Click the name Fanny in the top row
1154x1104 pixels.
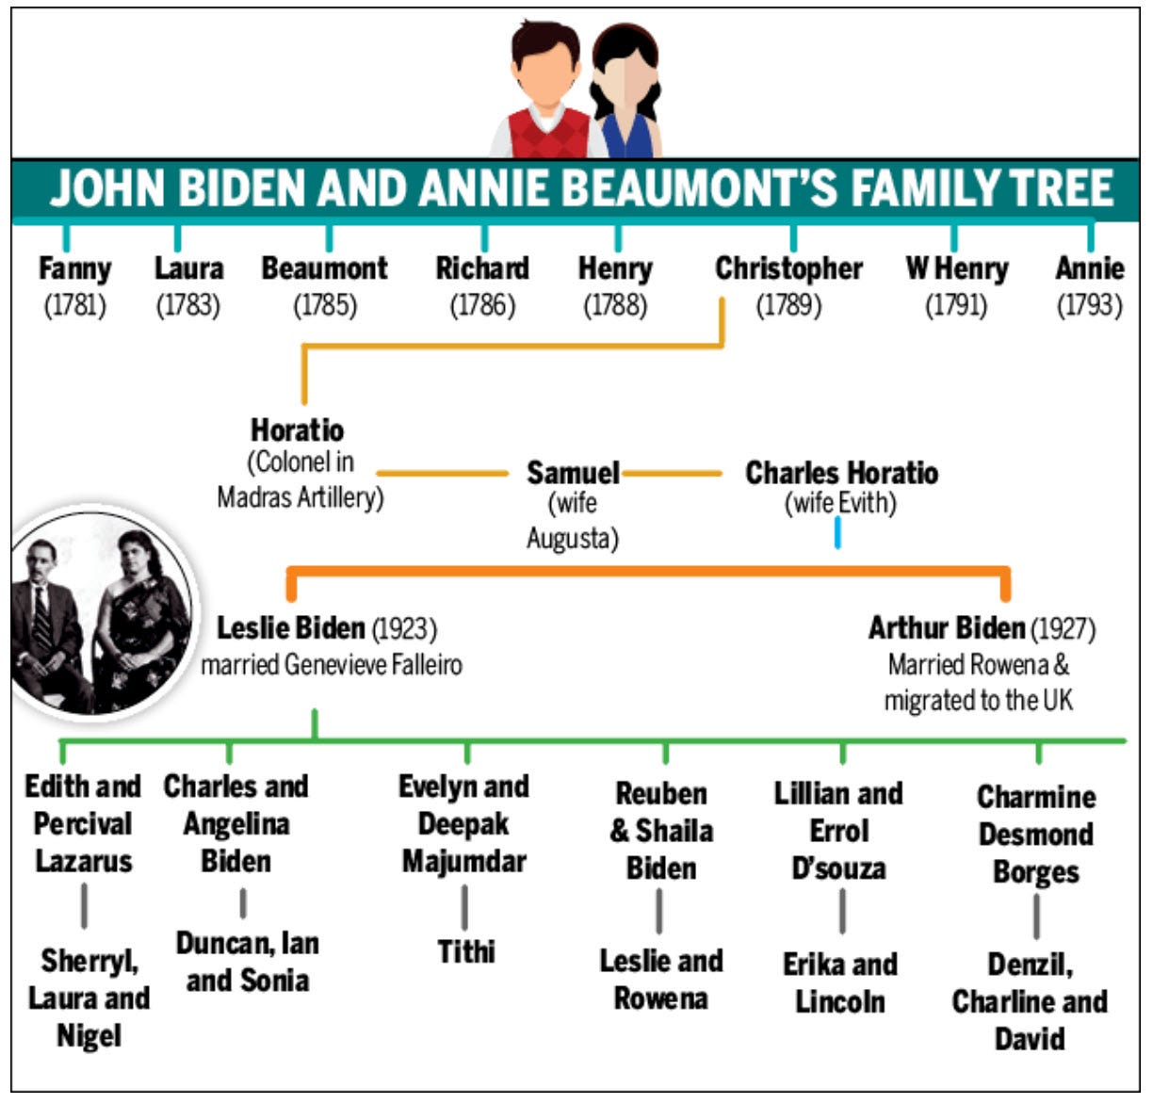click(74, 268)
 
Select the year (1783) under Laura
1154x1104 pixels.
click(188, 305)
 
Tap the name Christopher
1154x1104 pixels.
click(788, 268)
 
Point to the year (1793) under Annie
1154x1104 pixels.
click(1089, 305)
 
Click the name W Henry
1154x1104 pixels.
click(956, 268)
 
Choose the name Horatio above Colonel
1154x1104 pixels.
click(298, 430)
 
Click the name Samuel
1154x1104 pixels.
click(573, 472)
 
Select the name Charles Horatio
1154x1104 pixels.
click(841, 472)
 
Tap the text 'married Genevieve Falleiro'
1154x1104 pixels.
click(332, 665)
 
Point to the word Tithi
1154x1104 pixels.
click(465, 951)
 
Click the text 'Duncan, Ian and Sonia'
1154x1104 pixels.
click(247, 962)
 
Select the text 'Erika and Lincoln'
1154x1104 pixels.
click(839, 982)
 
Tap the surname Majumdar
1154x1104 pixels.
click(463, 861)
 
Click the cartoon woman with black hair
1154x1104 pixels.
click(625, 94)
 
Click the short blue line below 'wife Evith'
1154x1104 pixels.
click(837, 534)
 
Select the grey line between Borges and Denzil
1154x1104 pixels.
click(1036, 916)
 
